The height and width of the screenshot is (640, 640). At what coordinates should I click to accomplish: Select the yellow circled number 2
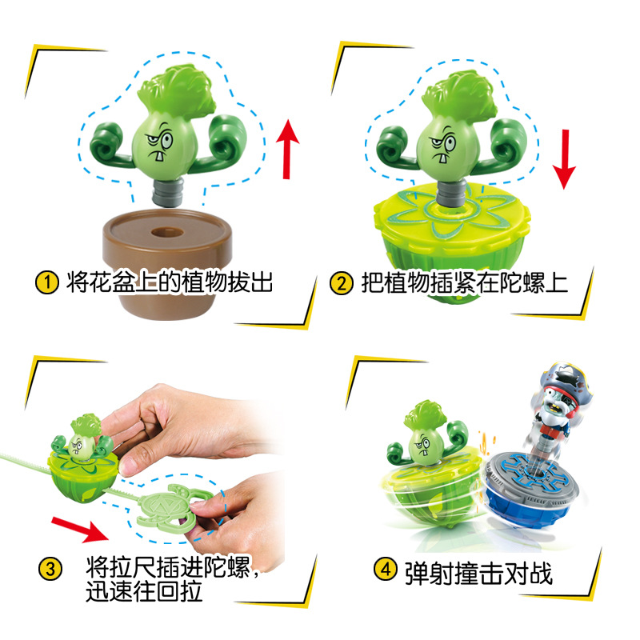(x=342, y=282)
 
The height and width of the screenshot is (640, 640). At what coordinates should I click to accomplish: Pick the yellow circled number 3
(x=50, y=570)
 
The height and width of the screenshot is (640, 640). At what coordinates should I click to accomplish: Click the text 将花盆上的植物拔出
(x=169, y=282)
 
